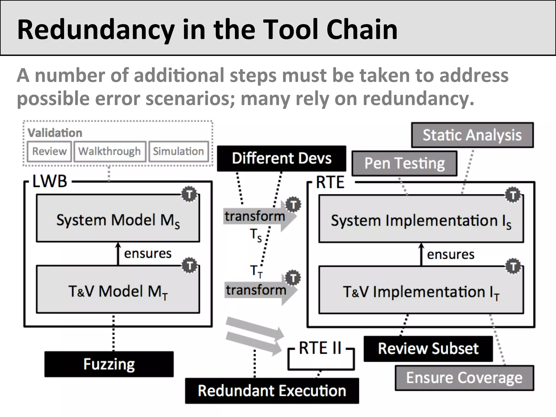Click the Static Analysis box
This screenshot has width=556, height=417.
click(472, 135)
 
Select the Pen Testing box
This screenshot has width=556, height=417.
click(404, 163)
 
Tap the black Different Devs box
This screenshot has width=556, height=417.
click(282, 158)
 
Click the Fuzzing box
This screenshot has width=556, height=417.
click(109, 364)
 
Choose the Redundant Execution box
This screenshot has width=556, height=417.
click(272, 391)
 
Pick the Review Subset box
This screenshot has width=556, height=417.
click(428, 349)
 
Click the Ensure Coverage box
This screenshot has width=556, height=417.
click(464, 378)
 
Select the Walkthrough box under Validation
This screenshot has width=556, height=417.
click(110, 151)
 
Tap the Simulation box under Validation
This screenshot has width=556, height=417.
click(178, 151)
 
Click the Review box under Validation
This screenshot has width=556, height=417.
click(49, 151)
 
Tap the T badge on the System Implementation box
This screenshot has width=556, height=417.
click(513, 195)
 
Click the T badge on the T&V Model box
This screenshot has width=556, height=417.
click(189, 266)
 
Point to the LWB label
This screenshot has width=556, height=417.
click(50, 181)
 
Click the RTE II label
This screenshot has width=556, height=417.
click(320, 348)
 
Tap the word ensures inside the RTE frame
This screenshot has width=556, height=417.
click(450, 255)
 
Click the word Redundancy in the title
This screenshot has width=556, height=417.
click(96, 29)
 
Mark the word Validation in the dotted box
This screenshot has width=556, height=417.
click(55, 133)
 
